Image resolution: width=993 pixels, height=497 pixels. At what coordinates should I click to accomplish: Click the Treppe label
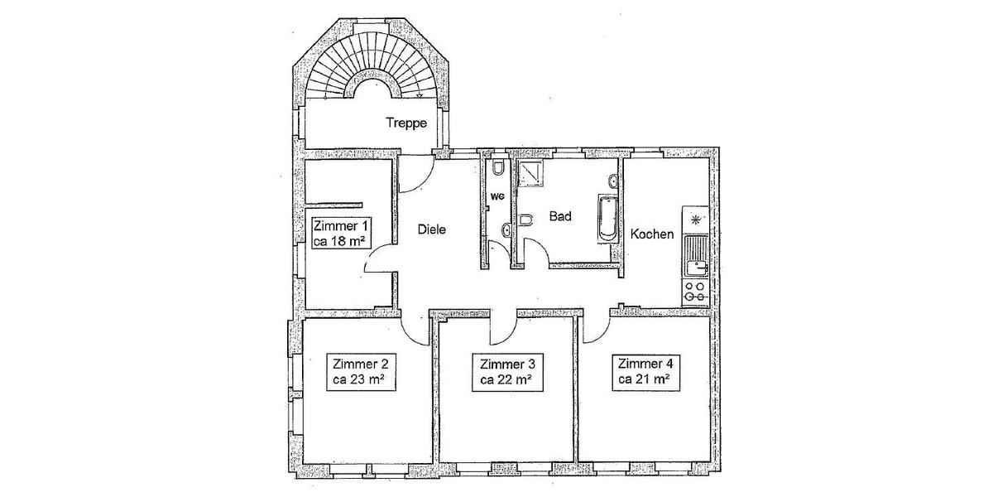tap(406, 123)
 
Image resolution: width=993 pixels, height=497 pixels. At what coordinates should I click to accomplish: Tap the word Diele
tap(432, 229)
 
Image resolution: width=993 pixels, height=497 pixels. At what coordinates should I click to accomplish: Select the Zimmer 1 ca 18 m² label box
tap(341, 234)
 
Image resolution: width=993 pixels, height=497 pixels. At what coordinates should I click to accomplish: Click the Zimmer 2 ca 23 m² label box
tap(361, 372)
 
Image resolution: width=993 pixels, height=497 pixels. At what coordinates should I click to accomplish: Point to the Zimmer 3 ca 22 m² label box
tap(507, 372)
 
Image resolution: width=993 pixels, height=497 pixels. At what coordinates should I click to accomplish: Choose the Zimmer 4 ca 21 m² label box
tap(645, 372)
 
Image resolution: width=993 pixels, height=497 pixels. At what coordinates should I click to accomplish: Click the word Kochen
tap(652, 234)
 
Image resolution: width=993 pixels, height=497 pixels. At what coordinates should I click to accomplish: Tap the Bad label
tap(560, 216)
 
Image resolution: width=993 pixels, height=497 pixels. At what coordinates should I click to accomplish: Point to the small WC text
tap(497, 197)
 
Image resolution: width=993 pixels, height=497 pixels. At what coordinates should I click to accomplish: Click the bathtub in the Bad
tap(607, 219)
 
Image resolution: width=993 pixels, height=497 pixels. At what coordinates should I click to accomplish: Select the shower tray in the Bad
tap(530, 173)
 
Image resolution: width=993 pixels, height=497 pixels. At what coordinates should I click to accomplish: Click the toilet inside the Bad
tap(525, 220)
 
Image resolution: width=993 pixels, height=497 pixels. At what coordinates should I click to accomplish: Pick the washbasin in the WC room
tap(506, 230)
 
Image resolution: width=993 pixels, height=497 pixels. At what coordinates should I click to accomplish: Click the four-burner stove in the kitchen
tap(695, 292)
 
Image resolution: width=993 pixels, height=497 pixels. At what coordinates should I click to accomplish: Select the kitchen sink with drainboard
tap(696, 257)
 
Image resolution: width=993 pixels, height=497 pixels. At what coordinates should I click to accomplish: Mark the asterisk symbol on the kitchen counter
tap(696, 219)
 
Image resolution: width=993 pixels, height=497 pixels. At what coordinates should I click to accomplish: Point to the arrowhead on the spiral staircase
tap(419, 96)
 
